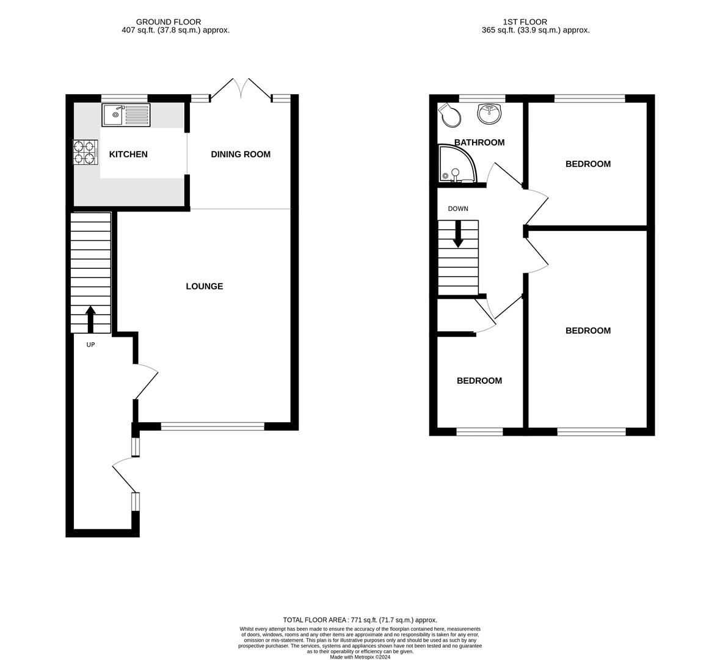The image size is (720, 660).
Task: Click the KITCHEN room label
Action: point(128,155)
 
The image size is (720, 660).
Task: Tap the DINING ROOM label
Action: point(241,155)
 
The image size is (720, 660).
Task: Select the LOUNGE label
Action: point(205,287)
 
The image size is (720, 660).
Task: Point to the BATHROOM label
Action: point(479,143)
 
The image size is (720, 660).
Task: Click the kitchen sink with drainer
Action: point(126,115)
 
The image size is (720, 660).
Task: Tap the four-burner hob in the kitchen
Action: point(86,153)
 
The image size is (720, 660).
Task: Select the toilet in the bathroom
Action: point(450,116)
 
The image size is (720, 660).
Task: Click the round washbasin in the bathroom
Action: point(489,114)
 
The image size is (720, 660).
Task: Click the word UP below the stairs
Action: point(90,345)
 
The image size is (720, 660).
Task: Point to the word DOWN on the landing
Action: point(458,209)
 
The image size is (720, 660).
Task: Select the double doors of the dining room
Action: point(241,89)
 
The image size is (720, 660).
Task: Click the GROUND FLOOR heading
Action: point(169,22)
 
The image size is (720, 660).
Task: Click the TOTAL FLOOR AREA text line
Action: point(360,620)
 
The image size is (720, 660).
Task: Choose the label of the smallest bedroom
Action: point(479,381)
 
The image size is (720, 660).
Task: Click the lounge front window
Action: point(213,427)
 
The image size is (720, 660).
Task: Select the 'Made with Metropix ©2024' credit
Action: point(360,657)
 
